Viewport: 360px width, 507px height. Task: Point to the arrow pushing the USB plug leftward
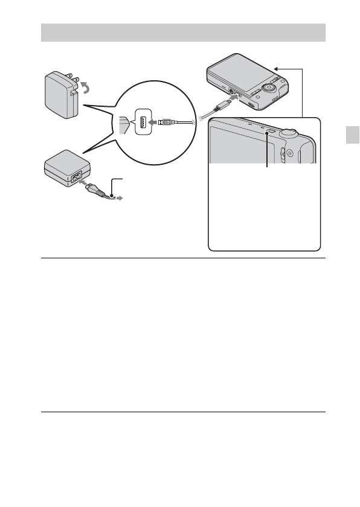click(153, 122)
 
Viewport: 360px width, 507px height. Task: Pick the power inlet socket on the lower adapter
click(79, 177)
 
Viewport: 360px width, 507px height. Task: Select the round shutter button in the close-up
click(291, 132)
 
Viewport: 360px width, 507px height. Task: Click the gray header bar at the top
click(183, 33)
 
